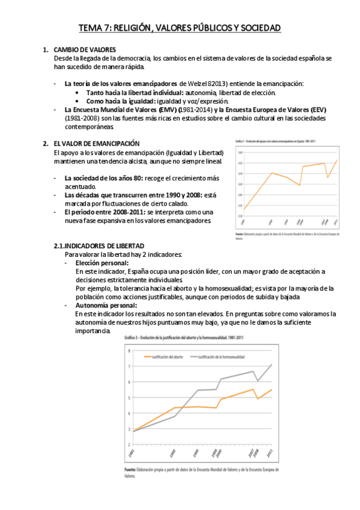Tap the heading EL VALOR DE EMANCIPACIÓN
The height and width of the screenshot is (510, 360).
96,144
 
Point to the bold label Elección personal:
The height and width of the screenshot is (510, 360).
102,263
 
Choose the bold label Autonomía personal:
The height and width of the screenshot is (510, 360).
106,306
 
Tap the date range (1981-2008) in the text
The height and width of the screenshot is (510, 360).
82,118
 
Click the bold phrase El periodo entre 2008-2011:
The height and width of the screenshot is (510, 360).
105,212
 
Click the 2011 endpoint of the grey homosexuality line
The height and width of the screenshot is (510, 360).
272,365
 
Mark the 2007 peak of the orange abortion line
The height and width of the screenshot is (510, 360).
252,389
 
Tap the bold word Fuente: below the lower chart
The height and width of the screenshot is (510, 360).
132,469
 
